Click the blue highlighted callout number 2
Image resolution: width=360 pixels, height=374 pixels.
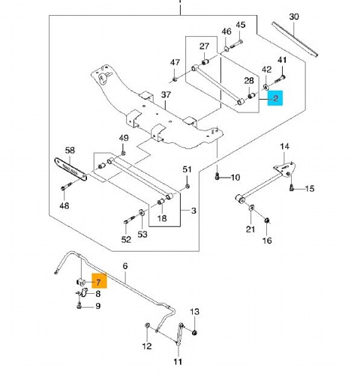pyautogui.click(x=275, y=98)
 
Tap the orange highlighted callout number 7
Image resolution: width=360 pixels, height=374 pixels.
pyautogui.click(x=99, y=282)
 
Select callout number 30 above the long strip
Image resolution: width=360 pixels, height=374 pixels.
pyautogui.click(x=294, y=16)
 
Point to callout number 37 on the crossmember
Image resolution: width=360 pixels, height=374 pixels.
pyautogui.click(x=166, y=94)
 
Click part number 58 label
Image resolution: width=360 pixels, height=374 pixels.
pyautogui.click(x=70, y=151)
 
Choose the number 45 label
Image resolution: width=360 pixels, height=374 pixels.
pyautogui.click(x=241, y=25)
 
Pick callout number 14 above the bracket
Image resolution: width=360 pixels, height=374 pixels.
pyautogui.click(x=284, y=146)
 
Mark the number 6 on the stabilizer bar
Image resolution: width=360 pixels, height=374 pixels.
pyautogui.click(x=125, y=266)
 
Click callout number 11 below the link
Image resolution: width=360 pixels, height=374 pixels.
pyautogui.click(x=178, y=362)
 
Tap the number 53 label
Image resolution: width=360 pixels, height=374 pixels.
pyautogui.click(x=142, y=235)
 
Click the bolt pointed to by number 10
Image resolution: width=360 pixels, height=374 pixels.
pyautogui.click(x=217, y=177)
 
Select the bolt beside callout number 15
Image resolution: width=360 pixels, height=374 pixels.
pyautogui.click(x=292, y=187)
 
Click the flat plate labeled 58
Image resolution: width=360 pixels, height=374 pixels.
pyautogui.click(x=70, y=169)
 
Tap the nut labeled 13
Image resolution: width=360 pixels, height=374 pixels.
pyautogui.click(x=193, y=333)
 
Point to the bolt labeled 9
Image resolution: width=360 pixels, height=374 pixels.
pyautogui.click(x=79, y=305)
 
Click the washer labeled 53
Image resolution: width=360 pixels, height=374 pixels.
pyautogui.click(x=141, y=213)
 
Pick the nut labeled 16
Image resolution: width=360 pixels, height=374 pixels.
pyautogui.click(x=267, y=220)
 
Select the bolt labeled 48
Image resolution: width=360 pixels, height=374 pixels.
pyautogui.click(x=66, y=187)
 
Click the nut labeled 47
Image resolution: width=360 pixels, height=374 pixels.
pyautogui.click(x=175, y=79)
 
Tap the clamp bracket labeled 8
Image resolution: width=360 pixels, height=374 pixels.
pyautogui.click(x=83, y=292)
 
